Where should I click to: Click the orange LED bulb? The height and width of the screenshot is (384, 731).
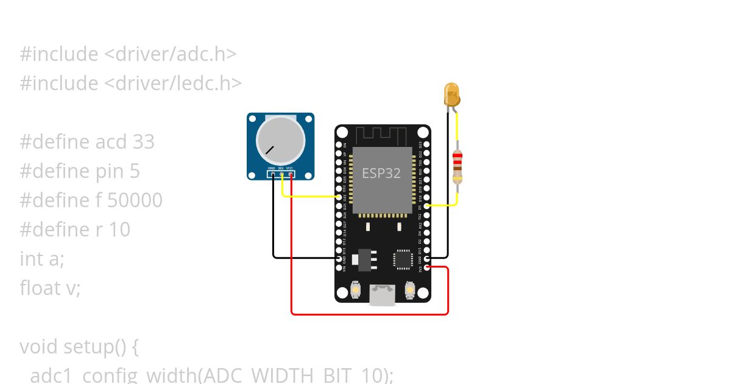[452, 94]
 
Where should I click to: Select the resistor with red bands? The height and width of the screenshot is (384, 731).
[457, 166]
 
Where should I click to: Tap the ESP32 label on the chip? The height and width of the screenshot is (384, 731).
[381, 173]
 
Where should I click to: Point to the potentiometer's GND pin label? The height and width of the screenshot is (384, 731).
[271, 168]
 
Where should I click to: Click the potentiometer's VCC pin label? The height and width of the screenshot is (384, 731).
[290, 168]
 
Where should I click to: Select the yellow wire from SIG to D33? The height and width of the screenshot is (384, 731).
[311, 197]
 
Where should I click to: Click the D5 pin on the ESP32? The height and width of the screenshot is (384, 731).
[426, 206]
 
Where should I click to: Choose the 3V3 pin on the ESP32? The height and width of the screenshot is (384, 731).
[426, 267]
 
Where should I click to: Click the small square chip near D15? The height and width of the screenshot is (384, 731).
[403, 259]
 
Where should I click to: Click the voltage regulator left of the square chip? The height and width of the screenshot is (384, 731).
[365, 258]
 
